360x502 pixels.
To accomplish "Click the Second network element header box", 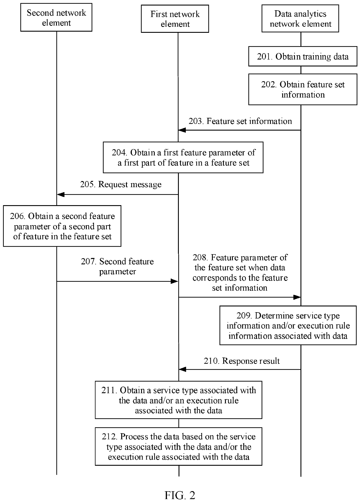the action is [56, 17].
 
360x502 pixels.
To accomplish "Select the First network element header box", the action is [175, 19].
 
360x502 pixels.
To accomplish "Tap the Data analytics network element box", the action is [300, 18].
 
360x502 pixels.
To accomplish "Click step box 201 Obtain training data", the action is [303, 56].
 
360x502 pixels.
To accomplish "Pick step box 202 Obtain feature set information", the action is [303, 89].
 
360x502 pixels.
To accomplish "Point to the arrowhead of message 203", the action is [182, 130].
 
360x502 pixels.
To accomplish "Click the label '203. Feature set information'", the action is [240, 121].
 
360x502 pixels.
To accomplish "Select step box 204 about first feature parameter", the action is [183, 158].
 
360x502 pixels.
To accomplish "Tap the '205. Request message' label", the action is [121, 185].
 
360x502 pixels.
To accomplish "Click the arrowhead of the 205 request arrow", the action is [60, 194].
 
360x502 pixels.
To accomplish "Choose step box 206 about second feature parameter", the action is [62, 226].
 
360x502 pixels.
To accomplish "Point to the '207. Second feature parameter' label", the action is [117, 267].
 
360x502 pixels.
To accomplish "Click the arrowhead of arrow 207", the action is [174, 281].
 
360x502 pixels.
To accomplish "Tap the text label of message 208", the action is [240, 273].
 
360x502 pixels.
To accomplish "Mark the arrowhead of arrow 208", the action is [297, 297].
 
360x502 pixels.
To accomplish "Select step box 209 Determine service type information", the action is [288, 325].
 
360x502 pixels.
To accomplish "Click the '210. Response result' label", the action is [242, 361].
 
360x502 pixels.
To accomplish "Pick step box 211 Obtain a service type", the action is [179, 400].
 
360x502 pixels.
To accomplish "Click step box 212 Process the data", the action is [179, 446].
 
